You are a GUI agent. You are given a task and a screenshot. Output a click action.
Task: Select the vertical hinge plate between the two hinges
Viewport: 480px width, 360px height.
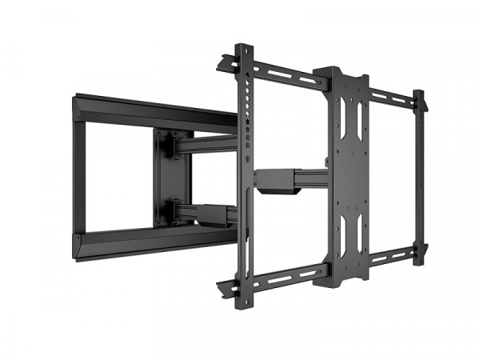(x=170, y=177)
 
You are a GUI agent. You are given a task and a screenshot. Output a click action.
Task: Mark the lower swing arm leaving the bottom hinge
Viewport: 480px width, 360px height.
(x=210, y=213)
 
